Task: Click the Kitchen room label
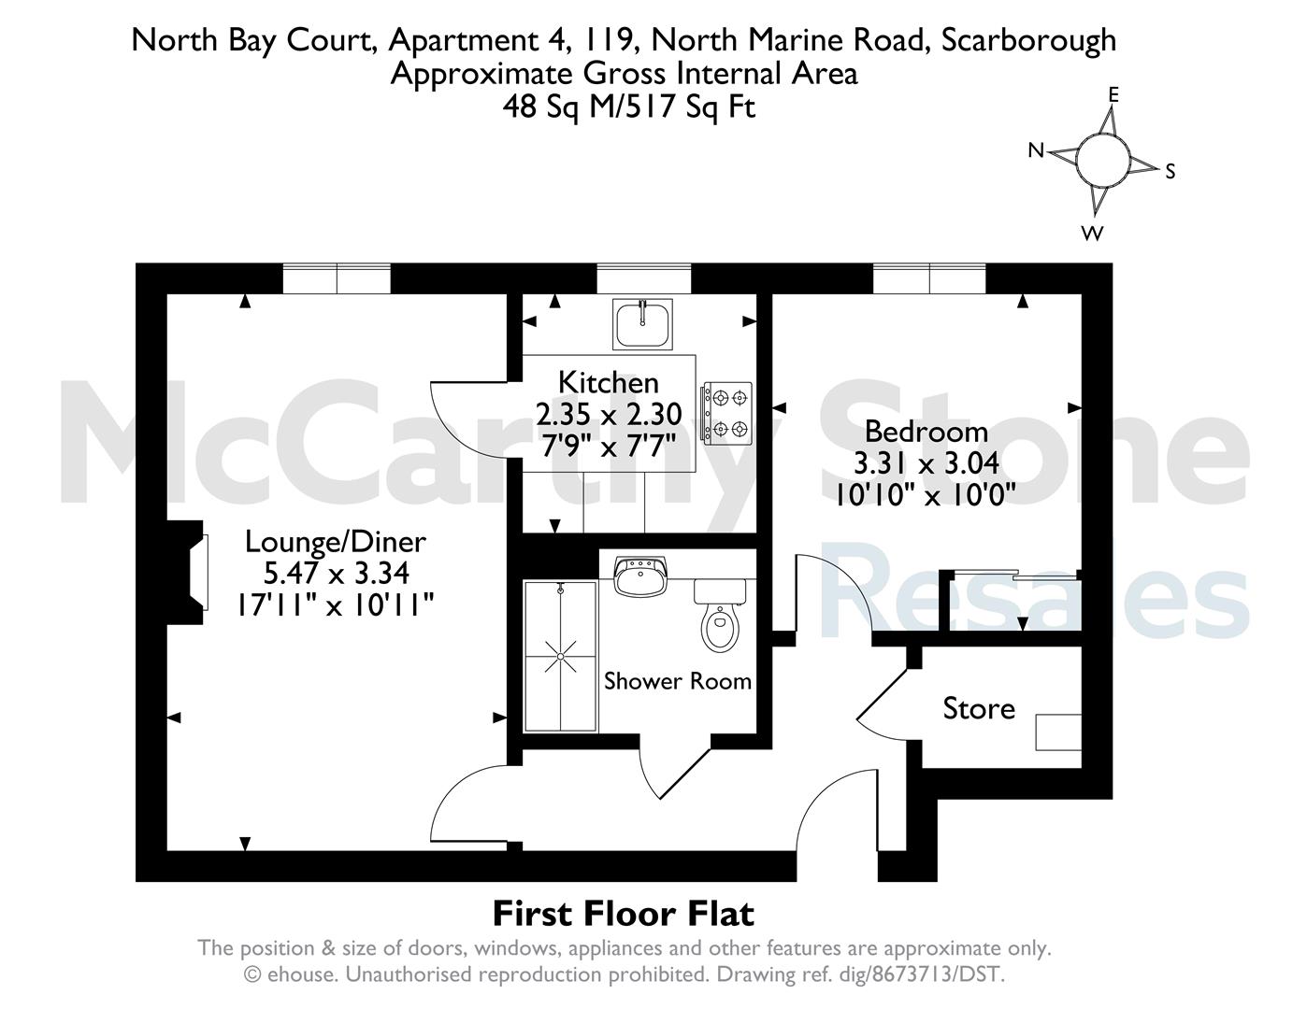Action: [x=608, y=383]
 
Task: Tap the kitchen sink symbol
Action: [x=642, y=324]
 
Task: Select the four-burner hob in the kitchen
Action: [x=726, y=414]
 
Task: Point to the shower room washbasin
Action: [x=640, y=576]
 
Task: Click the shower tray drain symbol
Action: [x=560, y=656]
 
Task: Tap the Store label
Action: [x=979, y=708]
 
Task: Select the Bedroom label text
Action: [x=926, y=432]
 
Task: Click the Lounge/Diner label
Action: [x=335, y=542]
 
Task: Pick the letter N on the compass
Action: [x=1036, y=149]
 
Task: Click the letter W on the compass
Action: [x=1092, y=234]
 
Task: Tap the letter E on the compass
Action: [x=1113, y=95]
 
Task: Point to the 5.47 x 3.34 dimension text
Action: [x=337, y=573]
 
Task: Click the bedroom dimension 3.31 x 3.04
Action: [x=926, y=463]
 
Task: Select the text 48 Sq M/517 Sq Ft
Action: [x=628, y=108]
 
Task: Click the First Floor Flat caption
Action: [x=624, y=914]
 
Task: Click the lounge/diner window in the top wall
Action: [x=337, y=278]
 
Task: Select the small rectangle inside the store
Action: [x=1058, y=732]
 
